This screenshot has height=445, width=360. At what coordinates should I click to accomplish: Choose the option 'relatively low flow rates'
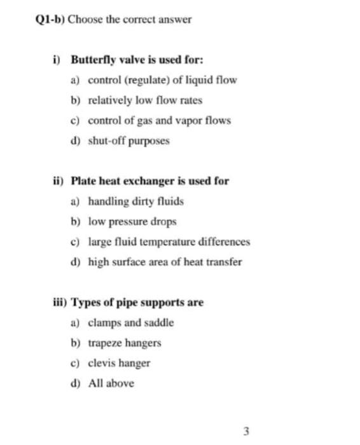click(145, 100)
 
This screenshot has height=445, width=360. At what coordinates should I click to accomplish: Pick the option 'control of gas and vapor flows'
click(159, 120)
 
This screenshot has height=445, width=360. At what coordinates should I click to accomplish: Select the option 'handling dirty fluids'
click(135, 202)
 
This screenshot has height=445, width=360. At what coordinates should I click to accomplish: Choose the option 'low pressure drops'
click(132, 222)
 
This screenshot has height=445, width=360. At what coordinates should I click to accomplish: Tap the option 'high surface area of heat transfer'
click(165, 262)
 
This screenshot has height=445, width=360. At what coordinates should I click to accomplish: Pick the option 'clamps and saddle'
click(130, 322)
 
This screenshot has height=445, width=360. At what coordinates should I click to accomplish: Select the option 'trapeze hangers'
click(124, 343)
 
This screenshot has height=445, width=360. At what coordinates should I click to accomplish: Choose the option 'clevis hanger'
click(119, 363)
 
